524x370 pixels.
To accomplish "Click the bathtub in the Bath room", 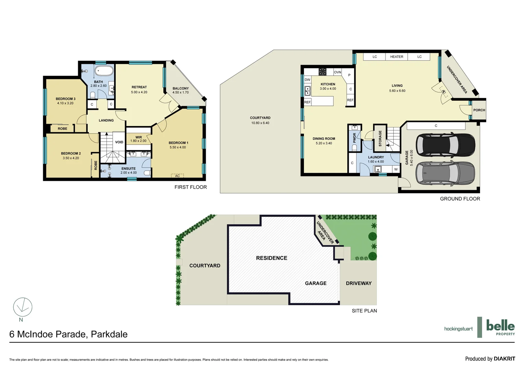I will (104, 71).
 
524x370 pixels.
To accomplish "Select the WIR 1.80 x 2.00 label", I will (138, 139).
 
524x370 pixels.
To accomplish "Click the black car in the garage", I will (445, 144).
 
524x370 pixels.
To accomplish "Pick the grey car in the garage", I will (445, 173).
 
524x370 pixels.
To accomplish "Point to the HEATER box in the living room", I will (396, 57).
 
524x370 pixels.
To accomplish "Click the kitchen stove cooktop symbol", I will (322, 72).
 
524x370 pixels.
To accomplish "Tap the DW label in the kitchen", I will (307, 80).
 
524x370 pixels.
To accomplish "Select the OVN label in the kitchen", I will (337, 72).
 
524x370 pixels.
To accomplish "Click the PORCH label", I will (479, 110).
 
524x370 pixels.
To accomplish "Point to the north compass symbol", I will (23, 307).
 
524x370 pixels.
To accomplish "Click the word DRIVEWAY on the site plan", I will (358, 283).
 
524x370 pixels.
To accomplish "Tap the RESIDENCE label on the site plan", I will (272, 258).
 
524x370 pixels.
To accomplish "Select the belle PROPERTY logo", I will (500, 327).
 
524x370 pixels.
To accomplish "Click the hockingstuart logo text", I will (458, 329).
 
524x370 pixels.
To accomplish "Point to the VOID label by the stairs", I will (119, 142).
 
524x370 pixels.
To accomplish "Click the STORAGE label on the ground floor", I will (380, 138).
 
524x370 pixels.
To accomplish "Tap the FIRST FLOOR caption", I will (190, 187).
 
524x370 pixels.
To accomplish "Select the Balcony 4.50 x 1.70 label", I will (180, 90).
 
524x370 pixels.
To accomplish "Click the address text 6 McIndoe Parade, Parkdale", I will (68, 334).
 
